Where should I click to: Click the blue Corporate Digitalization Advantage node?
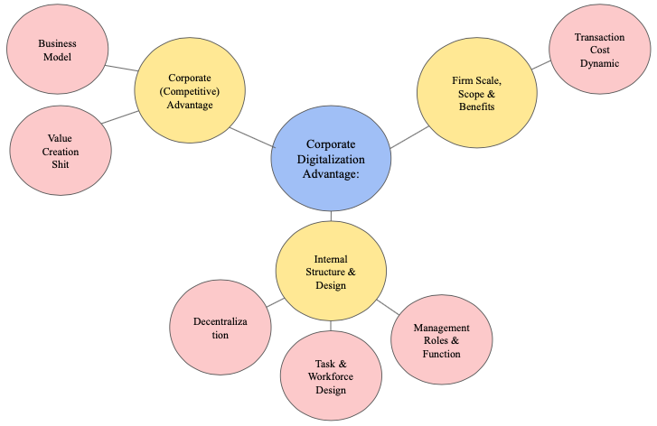[331, 159]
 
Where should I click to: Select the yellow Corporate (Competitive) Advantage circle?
[190, 91]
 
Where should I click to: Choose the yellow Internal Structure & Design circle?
[331, 272]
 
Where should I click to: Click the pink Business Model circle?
[56, 51]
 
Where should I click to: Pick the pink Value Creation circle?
[60, 152]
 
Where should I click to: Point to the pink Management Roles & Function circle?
[441, 340]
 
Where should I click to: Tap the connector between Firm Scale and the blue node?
[409, 136]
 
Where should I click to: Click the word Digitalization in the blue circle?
[331, 159]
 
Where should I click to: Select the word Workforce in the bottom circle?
[331, 376]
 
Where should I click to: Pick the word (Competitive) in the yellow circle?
[190, 91]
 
